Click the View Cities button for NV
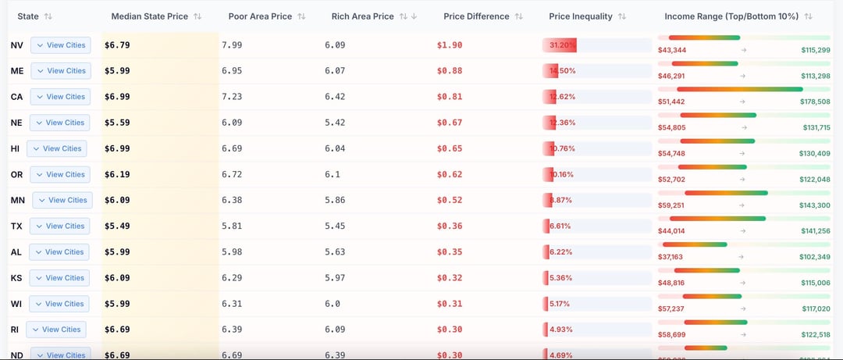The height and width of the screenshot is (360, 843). tap(60, 45)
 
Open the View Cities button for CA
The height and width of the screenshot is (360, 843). tap(60, 97)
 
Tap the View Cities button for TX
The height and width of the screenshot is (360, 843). tap(59, 226)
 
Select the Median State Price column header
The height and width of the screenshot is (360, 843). tap(149, 16)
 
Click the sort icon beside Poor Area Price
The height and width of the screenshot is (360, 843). tap(301, 16)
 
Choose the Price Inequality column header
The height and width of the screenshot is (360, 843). tap(582, 16)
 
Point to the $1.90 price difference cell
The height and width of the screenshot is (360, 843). tap(449, 45)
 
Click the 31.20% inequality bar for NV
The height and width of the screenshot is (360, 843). tap(560, 45)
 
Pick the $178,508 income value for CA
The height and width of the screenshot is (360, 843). tap(815, 102)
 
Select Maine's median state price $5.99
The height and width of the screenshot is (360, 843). tap(117, 71)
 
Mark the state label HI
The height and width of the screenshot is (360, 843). tap(16, 148)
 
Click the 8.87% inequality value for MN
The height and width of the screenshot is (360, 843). tap(560, 201)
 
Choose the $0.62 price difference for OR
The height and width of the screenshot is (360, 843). tap(449, 175)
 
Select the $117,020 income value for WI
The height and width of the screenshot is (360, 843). tap(815, 308)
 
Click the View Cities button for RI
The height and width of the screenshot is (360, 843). tap(56, 330)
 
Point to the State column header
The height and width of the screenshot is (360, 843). tap(28, 16)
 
